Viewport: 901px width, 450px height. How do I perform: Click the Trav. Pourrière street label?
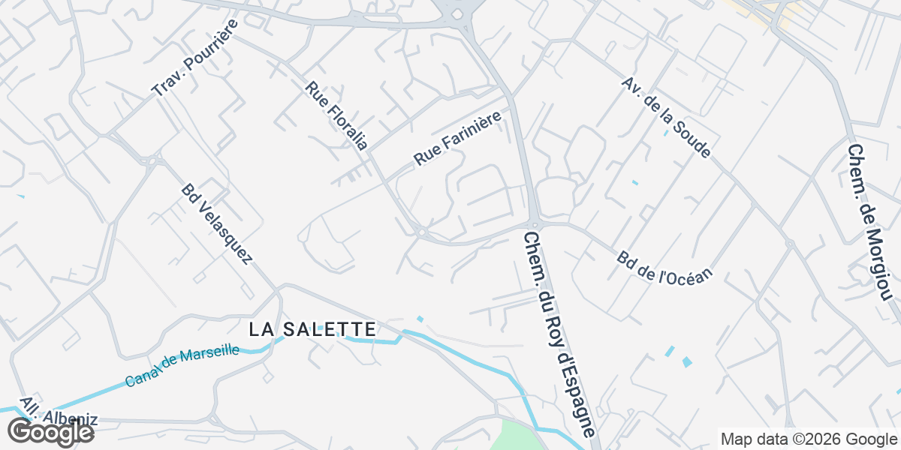click(194, 58)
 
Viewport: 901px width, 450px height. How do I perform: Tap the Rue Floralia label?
click(336, 115)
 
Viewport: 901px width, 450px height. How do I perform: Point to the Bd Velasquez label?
click(216, 224)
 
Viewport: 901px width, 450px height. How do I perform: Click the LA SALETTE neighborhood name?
click(312, 329)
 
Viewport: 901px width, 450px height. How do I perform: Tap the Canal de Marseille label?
click(182, 366)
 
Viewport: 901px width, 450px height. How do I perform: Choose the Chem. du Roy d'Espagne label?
click(560, 334)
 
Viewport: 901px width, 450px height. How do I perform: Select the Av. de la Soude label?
click(665, 117)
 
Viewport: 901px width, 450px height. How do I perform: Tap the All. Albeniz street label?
click(58, 412)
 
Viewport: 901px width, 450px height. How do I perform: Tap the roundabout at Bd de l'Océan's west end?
click(535, 223)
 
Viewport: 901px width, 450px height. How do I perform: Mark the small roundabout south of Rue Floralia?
click(421, 233)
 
